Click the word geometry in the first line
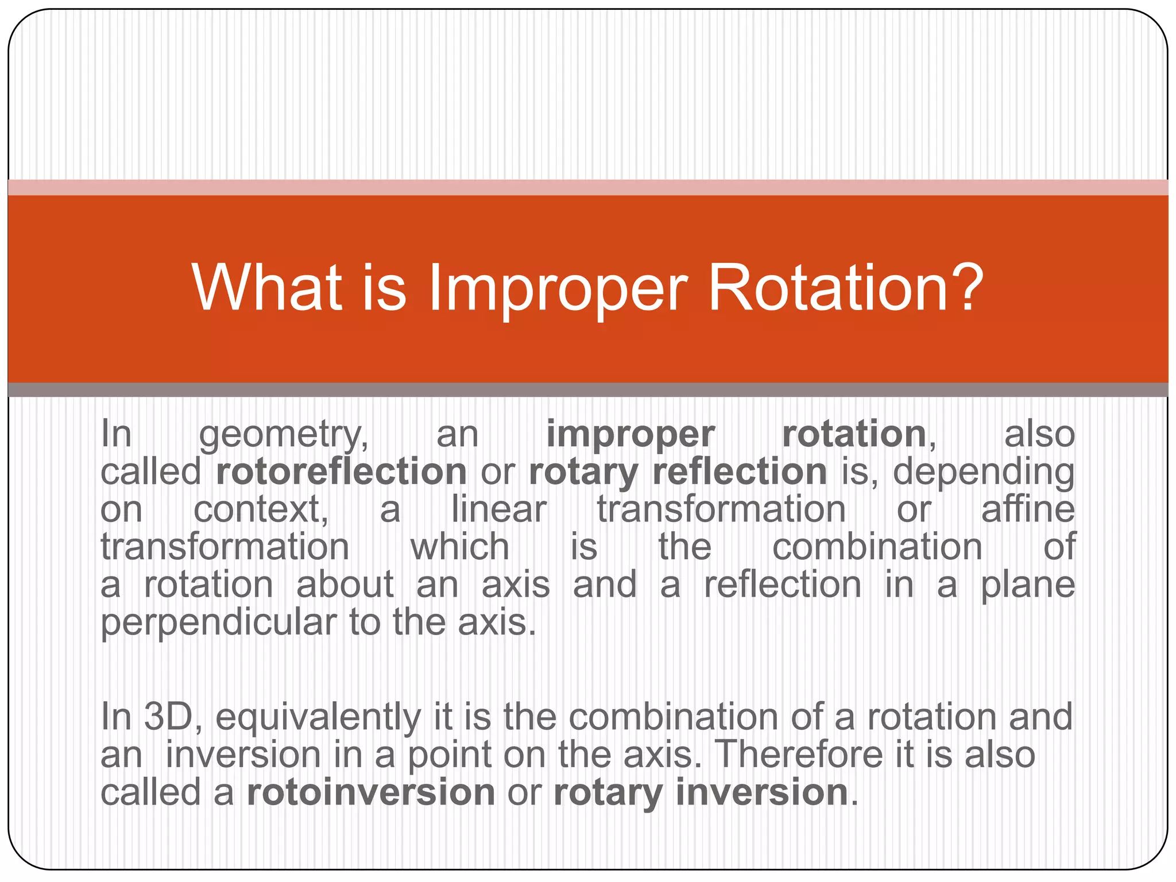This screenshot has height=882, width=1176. click(284, 435)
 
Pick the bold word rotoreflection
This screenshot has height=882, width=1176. click(341, 472)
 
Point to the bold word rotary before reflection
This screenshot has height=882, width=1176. click(583, 473)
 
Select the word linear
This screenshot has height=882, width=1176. click(498, 510)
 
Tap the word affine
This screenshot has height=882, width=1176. click(1027, 509)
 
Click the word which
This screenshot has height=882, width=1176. click(459, 547)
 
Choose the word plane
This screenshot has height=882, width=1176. click(1027, 586)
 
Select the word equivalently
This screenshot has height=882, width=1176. click(318, 718)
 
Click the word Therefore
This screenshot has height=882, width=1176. click(799, 755)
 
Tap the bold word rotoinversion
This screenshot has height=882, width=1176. click(371, 792)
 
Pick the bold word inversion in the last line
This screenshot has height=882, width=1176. click(762, 792)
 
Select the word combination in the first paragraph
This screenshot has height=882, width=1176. click(877, 547)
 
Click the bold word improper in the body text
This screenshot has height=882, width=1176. click(630, 435)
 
